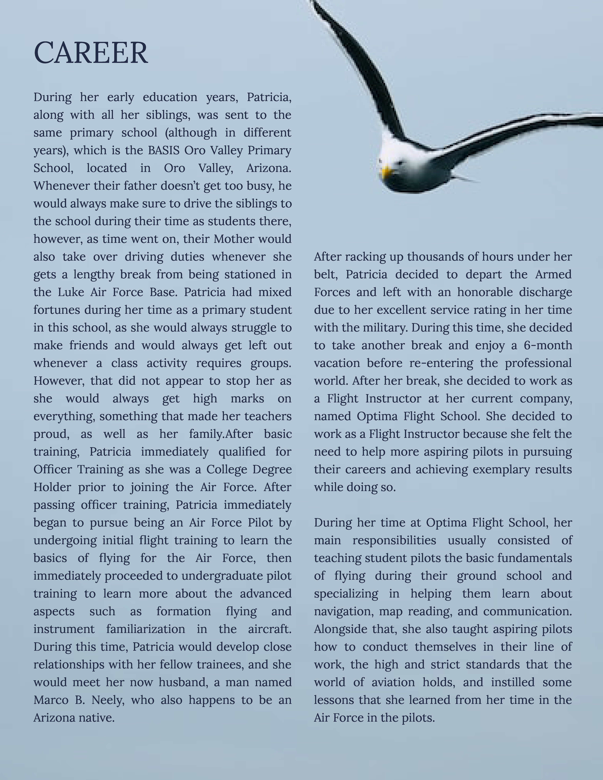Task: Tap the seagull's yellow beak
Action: (386, 173)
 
